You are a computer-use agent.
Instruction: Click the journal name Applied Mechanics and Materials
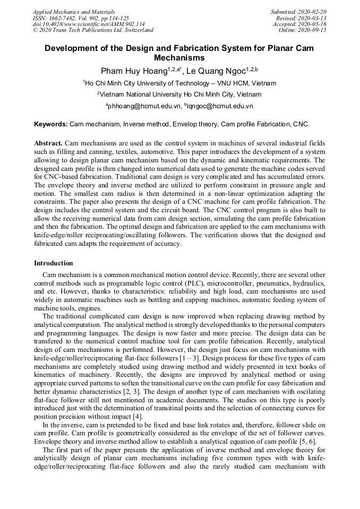74,11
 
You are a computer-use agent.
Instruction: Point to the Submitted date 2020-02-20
299,11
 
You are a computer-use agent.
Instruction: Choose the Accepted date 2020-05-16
300,24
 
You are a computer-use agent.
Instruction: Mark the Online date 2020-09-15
303,30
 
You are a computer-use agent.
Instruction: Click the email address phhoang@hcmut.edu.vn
145,106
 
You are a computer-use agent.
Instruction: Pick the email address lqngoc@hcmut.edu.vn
220,106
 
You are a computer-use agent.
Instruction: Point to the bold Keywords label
51,124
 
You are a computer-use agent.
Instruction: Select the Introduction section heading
54,263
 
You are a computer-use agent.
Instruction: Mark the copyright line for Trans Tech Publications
93,30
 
